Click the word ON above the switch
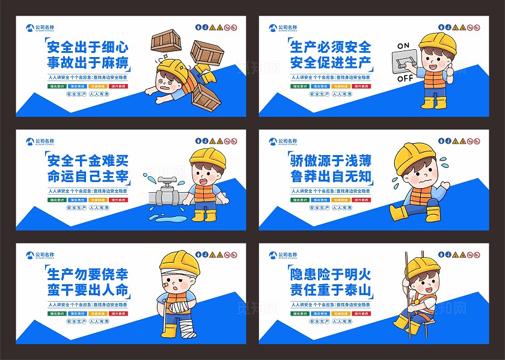pos(403,46)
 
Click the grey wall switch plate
pos(403,61)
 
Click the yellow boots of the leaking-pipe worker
pos(204,215)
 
